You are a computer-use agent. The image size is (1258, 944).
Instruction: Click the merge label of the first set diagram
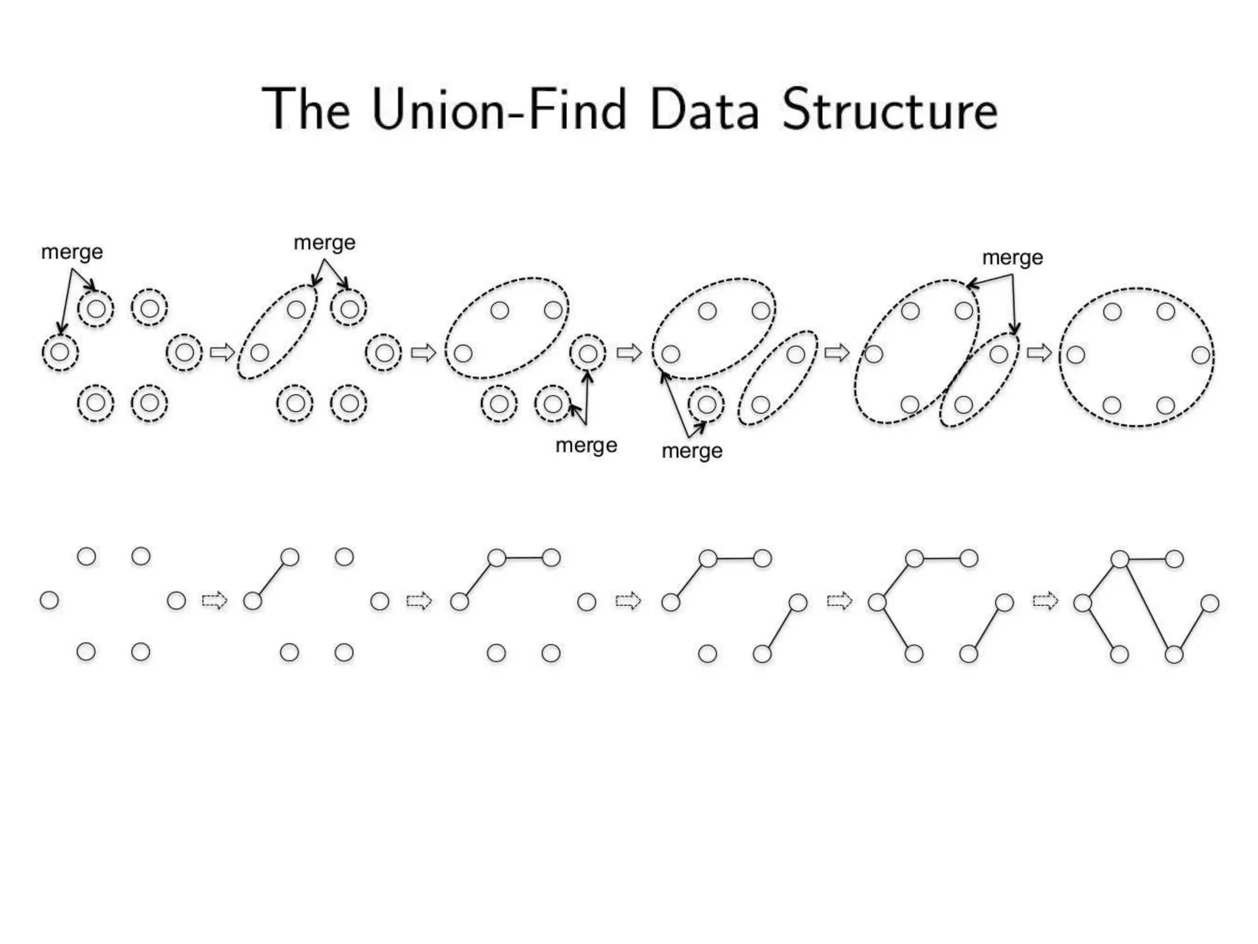[x=72, y=252]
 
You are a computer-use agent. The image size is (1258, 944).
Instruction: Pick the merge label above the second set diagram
[x=324, y=243]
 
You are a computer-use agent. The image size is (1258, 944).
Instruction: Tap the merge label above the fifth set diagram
[x=1012, y=258]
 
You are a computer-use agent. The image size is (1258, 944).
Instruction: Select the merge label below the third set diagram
[x=586, y=445]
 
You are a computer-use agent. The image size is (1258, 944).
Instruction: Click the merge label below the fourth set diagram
[x=692, y=451]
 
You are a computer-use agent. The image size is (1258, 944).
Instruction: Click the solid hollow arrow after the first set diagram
[x=222, y=353]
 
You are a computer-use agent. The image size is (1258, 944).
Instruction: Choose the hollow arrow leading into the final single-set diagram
[x=1039, y=353]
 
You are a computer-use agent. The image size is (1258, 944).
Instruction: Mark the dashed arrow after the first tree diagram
[x=214, y=600]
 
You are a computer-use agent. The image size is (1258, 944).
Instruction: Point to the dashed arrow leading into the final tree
[x=1045, y=600]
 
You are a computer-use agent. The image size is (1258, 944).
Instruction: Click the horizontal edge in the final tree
[x=1147, y=559]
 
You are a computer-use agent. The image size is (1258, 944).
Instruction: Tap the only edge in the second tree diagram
[x=271, y=579]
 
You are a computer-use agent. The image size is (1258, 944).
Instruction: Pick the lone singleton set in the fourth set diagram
[x=706, y=404]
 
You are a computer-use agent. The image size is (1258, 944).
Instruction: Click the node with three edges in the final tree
[x=1120, y=559]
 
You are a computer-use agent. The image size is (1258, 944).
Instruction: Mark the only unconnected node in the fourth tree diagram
[x=708, y=653]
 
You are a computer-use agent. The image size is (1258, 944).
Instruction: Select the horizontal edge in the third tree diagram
[x=524, y=558]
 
